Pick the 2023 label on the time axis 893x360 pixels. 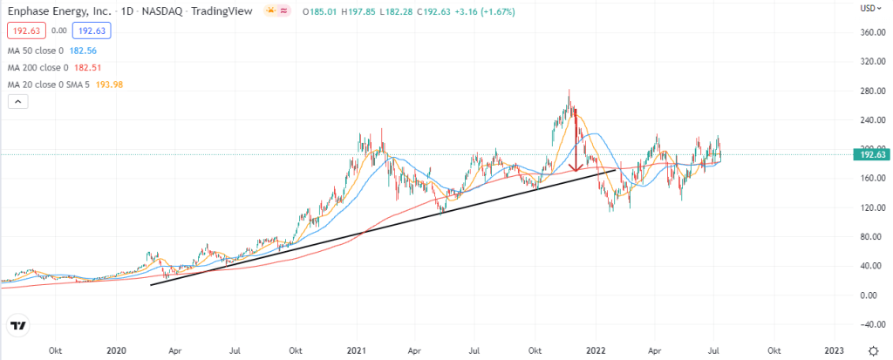(834, 350)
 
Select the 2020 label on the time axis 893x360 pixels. (117, 350)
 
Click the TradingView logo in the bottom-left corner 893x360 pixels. (17, 328)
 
